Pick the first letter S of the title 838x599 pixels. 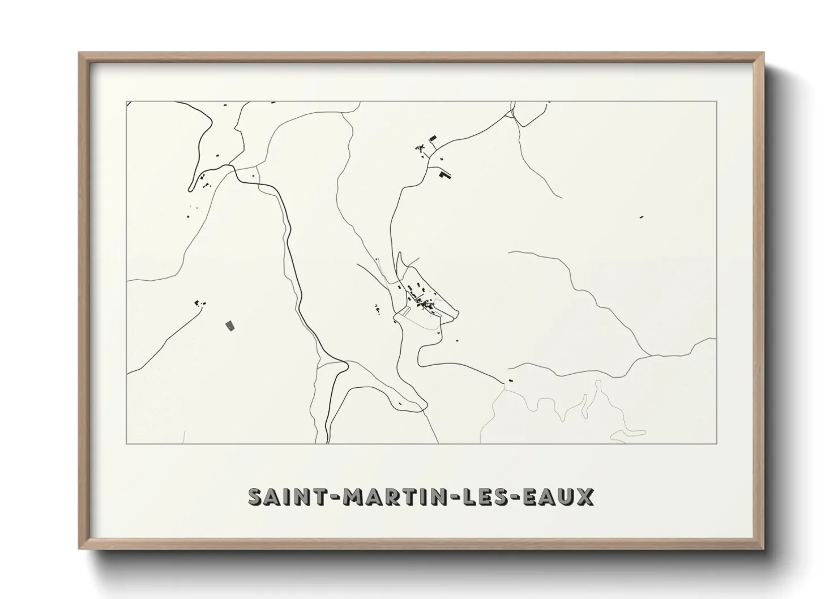click(256, 497)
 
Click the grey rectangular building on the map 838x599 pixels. click(229, 325)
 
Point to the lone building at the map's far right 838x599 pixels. click(642, 216)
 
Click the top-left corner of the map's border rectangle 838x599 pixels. click(127, 101)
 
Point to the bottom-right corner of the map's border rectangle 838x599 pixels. click(717, 443)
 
